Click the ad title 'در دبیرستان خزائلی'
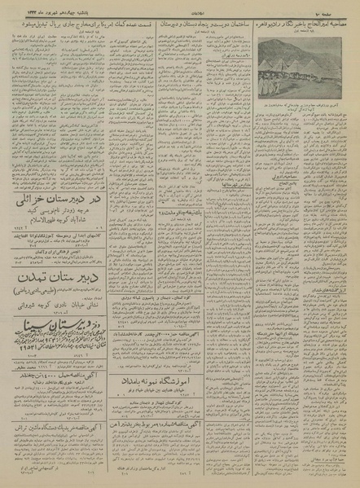(49, 200)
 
